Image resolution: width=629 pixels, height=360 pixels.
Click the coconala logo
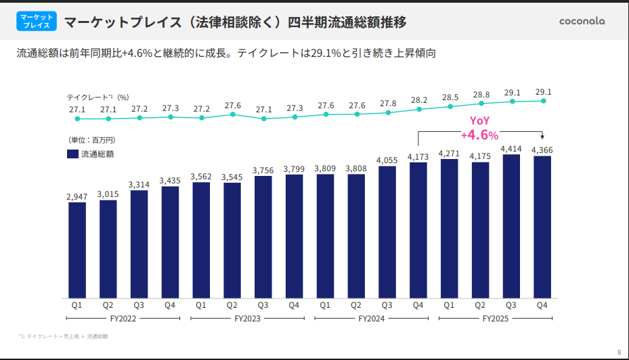click(582, 20)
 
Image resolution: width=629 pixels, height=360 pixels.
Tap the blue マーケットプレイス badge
click(36, 20)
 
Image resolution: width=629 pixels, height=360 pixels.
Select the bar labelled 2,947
click(77, 250)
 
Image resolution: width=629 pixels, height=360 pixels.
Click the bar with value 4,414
click(511, 227)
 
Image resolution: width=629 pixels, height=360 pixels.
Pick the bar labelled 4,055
click(387, 232)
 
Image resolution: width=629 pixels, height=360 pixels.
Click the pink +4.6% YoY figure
click(479, 134)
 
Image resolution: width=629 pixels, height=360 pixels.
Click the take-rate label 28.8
click(481, 94)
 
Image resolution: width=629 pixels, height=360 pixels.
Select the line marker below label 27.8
click(388, 112)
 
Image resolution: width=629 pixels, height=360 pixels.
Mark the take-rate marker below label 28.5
click(450, 106)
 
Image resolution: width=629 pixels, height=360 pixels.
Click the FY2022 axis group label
click(123, 318)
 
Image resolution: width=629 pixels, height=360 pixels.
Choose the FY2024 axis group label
click(372, 318)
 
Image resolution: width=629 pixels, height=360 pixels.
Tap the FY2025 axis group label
click(496, 318)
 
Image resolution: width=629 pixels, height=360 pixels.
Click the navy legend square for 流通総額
click(72, 154)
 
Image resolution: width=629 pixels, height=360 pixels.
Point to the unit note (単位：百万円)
click(91, 140)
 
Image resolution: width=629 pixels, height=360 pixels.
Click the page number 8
click(619, 352)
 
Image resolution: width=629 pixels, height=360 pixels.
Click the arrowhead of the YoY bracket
click(542, 137)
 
